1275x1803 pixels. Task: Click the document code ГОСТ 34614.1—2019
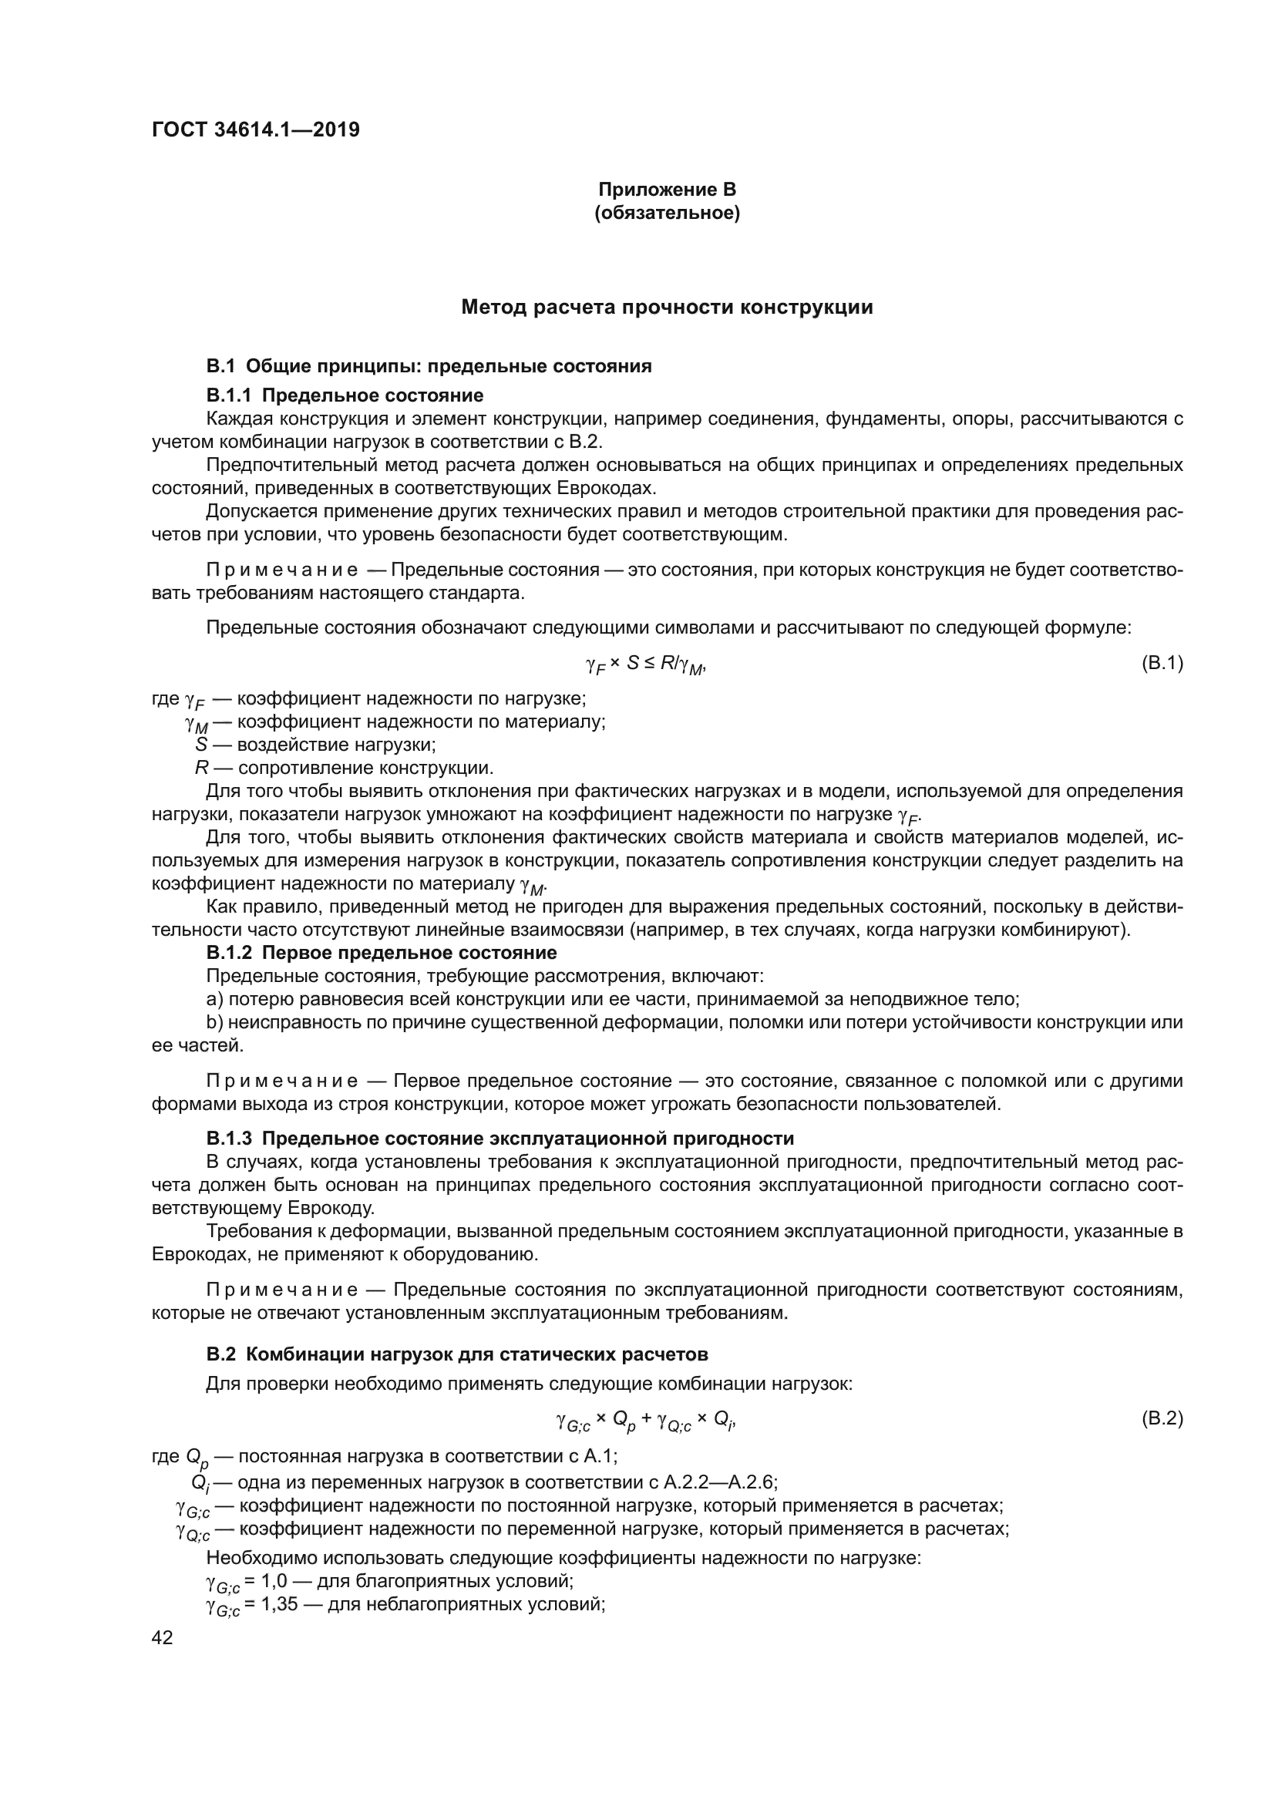(x=255, y=130)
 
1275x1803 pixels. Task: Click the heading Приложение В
(x=667, y=190)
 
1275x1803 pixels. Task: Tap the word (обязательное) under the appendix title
(x=667, y=213)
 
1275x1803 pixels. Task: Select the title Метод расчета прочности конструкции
(x=667, y=307)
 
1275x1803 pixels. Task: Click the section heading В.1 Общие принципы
(x=429, y=366)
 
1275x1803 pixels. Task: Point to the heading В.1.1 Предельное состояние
(x=345, y=395)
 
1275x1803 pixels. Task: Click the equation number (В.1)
(x=1161, y=664)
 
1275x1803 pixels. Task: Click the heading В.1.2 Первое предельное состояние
(x=382, y=953)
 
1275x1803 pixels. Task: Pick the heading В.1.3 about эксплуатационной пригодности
(x=500, y=1139)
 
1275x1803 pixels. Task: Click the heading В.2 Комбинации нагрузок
(x=457, y=1354)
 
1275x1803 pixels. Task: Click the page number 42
(x=162, y=1637)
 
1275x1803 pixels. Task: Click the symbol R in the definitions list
(x=201, y=767)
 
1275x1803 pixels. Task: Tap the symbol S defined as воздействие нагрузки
(x=201, y=744)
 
